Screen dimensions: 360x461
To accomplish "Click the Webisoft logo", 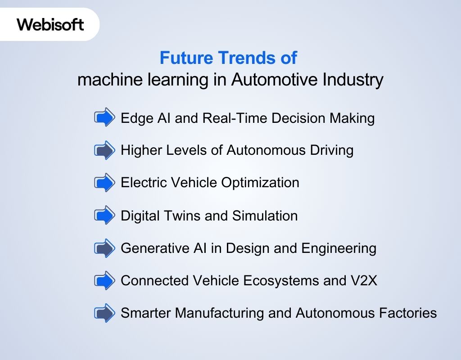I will click(50, 24).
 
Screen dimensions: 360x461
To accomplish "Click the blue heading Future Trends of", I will click(228, 58).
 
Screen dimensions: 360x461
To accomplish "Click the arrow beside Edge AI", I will click(104, 118).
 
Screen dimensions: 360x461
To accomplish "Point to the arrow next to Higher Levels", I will click(104, 150).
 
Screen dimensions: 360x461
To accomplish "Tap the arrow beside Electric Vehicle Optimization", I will click(104, 183).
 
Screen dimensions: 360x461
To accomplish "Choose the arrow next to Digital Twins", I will click(104, 216).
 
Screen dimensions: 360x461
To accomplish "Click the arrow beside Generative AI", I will click(104, 248).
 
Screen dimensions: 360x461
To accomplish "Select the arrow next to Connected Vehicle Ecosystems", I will click(104, 281).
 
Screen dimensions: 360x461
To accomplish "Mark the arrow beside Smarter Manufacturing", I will click(104, 313).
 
